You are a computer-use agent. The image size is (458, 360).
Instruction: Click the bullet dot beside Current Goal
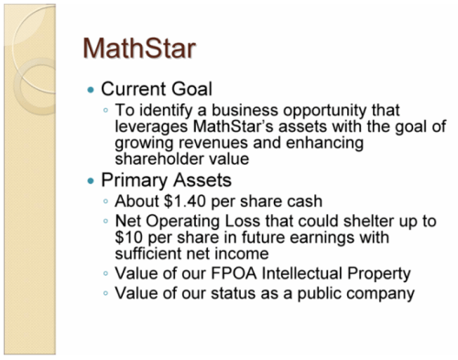click(90, 91)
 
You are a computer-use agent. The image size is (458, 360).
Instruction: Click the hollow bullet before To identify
click(107, 112)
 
